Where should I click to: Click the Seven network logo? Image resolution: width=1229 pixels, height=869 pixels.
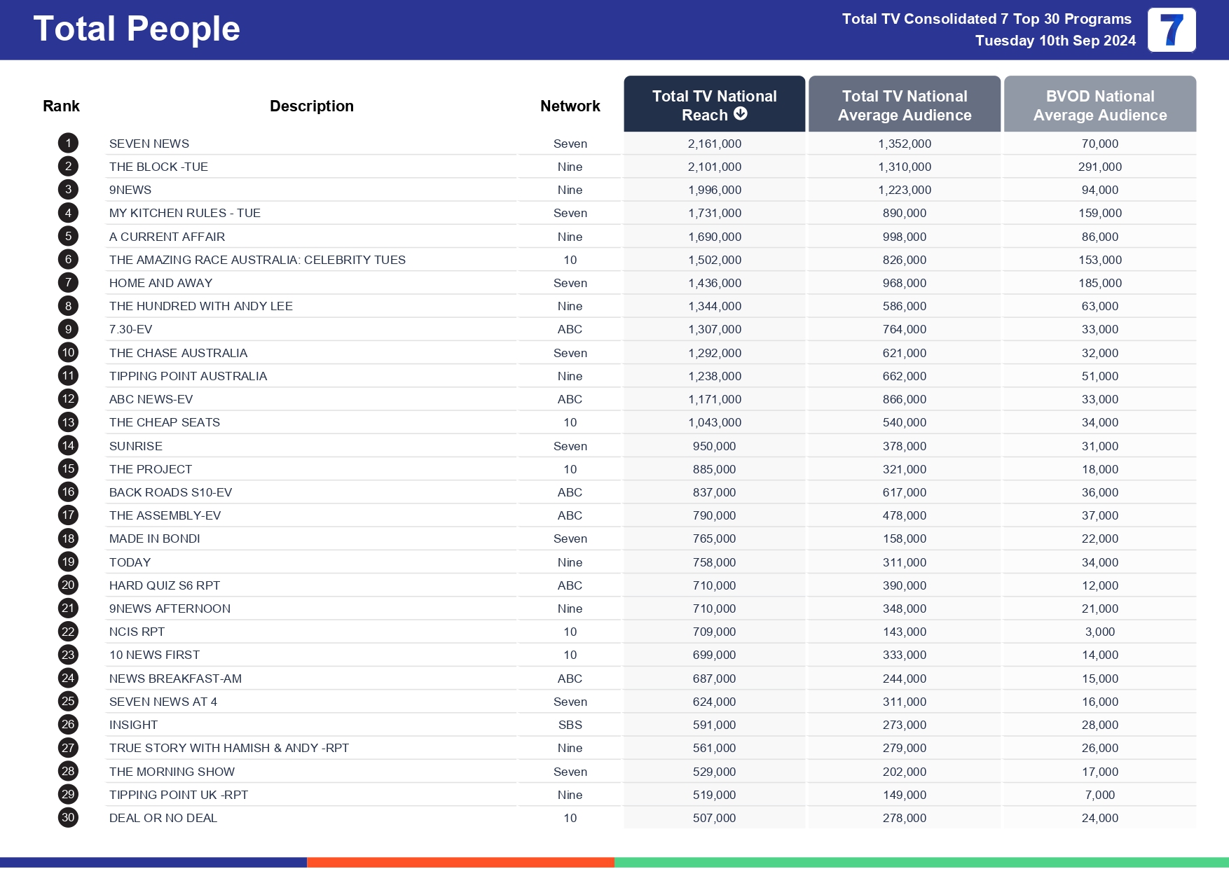(1172, 30)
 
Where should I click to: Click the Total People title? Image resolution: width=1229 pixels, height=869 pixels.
(137, 29)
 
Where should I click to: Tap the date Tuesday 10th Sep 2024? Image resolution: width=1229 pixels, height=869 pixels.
(1055, 41)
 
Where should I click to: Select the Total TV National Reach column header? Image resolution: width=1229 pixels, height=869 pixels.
(714, 104)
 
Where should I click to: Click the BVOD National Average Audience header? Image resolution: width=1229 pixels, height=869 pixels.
(1099, 105)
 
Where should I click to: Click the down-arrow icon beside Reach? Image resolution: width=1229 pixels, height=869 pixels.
(741, 113)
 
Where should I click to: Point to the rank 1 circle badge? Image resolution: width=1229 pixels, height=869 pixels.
(68, 144)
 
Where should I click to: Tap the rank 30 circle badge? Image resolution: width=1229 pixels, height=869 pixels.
(68, 817)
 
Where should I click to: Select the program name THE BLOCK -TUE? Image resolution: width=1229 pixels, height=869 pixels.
(158, 167)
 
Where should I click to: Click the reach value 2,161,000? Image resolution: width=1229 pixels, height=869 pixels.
(714, 144)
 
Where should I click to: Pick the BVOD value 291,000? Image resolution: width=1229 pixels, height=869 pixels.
(1099, 167)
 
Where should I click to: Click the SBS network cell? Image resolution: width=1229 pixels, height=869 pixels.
(570, 725)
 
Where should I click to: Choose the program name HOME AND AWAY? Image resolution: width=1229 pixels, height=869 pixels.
(160, 283)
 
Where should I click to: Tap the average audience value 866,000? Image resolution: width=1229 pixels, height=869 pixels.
(904, 399)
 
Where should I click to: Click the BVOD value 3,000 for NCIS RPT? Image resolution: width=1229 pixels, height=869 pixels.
(1099, 632)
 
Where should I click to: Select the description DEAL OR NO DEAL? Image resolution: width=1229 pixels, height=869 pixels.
(163, 818)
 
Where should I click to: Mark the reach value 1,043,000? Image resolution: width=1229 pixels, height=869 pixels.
(714, 422)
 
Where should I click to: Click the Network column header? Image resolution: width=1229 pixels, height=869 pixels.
(570, 106)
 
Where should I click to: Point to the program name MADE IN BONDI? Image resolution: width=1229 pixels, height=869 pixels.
(154, 538)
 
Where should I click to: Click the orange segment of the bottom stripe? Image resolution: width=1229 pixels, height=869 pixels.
(460, 862)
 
